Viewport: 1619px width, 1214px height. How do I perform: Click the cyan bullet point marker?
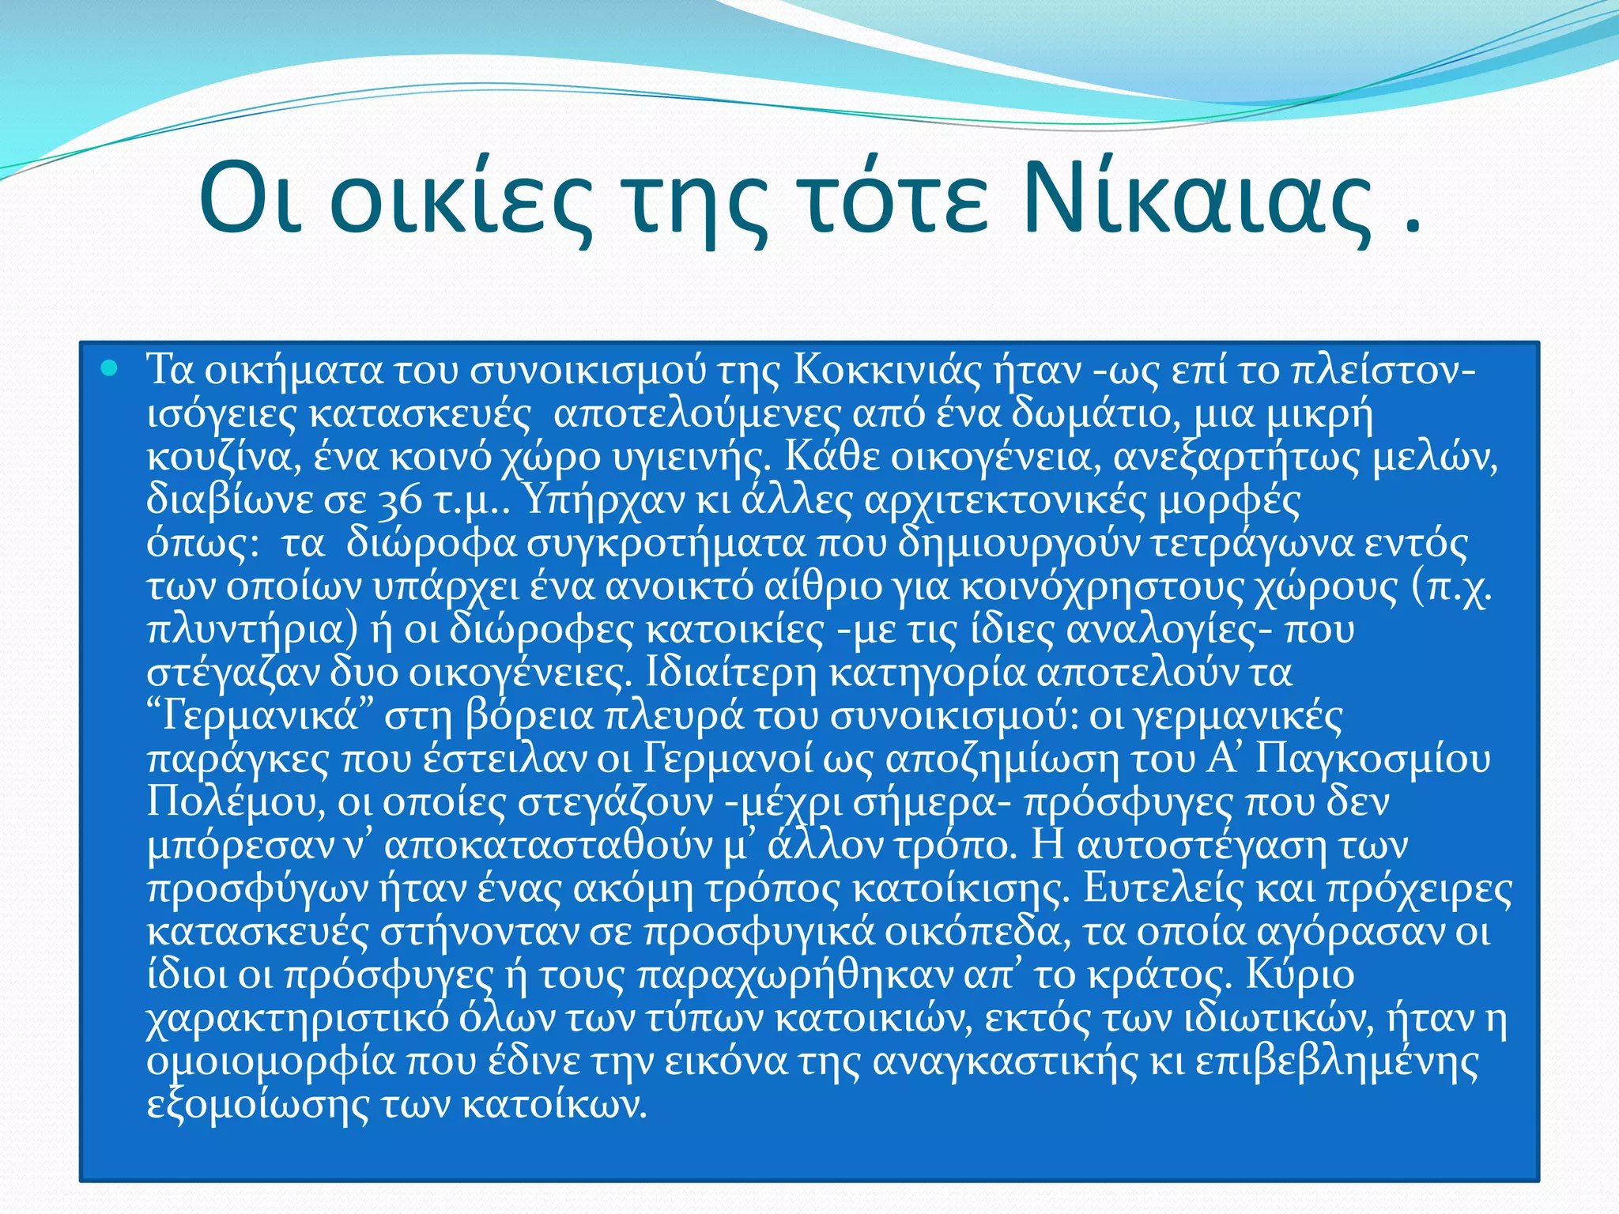coord(110,368)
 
